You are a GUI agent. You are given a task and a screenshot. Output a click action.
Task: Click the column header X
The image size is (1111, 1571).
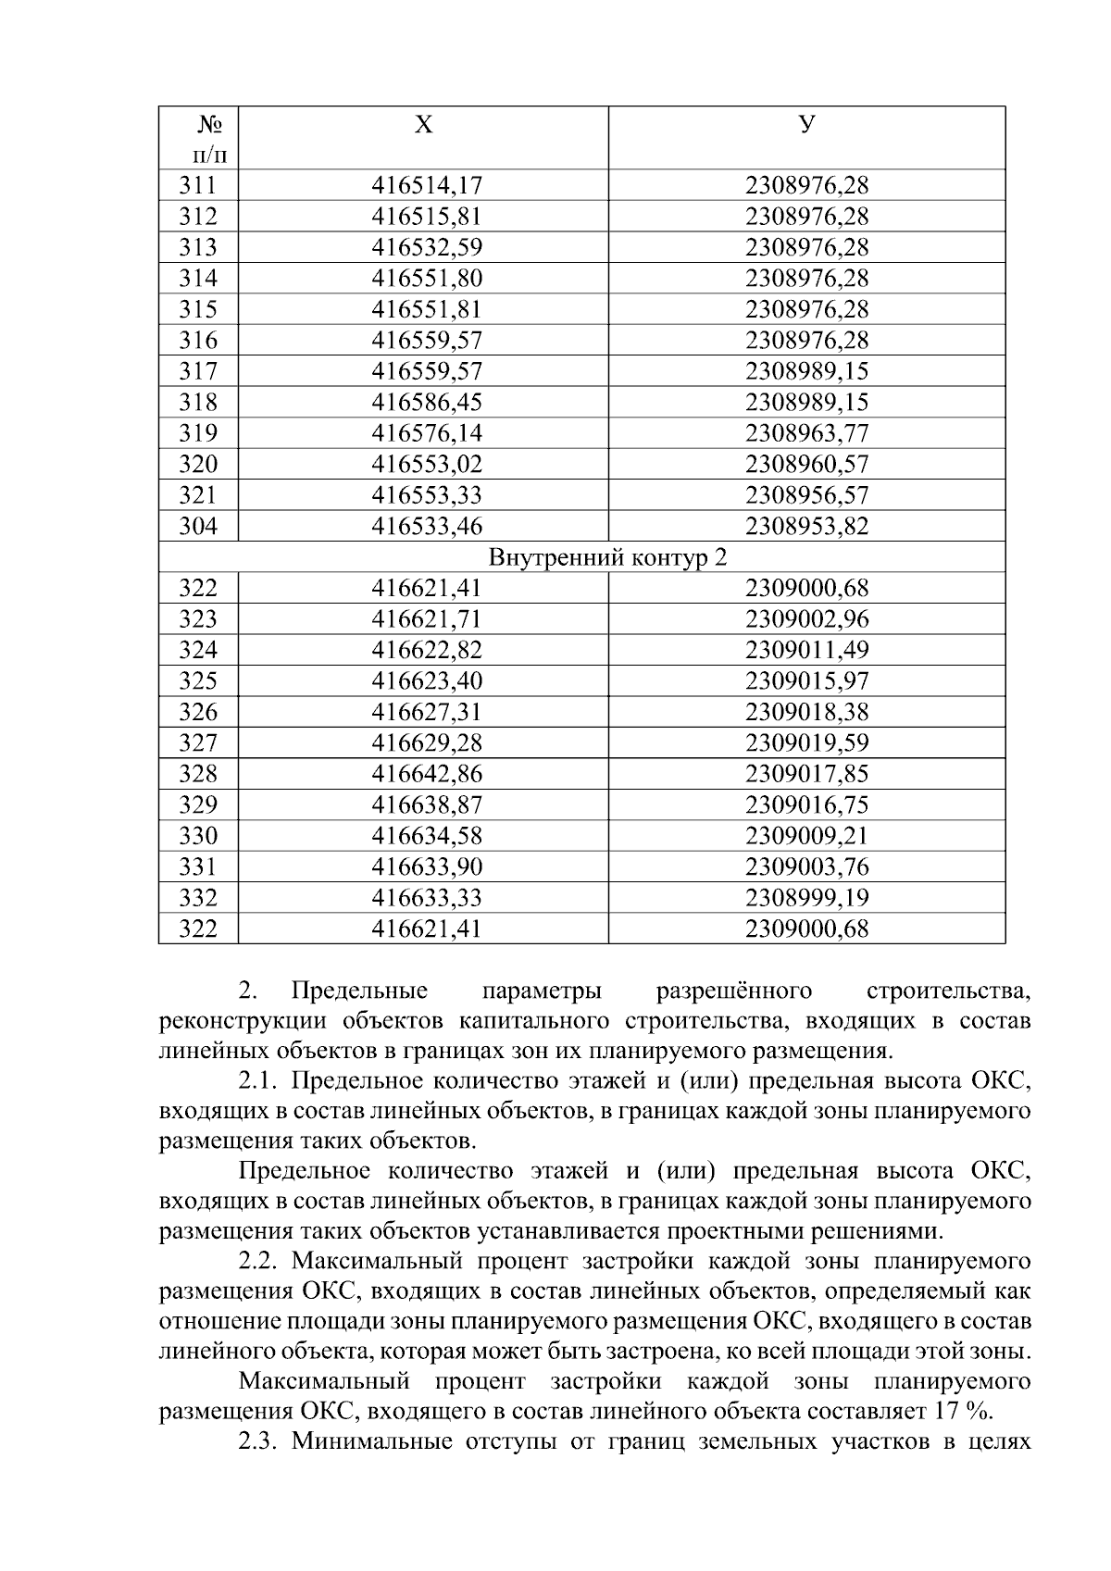tap(422, 124)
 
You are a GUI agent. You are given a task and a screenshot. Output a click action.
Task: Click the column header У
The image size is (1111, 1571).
tap(806, 124)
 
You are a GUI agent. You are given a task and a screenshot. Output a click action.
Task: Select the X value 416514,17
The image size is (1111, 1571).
tap(427, 185)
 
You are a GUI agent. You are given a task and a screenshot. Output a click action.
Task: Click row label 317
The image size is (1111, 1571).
tap(198, 371)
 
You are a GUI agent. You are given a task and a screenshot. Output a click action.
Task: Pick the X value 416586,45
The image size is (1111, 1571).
tap(427, 402)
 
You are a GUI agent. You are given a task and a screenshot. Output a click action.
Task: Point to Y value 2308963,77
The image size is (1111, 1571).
tap(806, 433)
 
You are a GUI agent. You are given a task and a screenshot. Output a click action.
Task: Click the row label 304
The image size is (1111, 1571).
tap(198, 526)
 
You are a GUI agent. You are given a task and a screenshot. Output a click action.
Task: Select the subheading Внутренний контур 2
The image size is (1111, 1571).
tap(607, 557)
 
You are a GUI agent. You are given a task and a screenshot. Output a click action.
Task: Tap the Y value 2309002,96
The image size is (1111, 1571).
tap(806, 618)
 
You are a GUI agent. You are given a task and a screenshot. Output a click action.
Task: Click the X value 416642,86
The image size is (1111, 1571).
tap(427, 773)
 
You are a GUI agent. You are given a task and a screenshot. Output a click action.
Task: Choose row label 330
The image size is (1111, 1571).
tap(198, 836)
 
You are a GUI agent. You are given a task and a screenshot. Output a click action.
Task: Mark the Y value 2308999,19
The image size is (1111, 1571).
tap(806, 897)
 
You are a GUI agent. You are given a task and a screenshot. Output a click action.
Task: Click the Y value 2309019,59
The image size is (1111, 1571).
tap(806, 742)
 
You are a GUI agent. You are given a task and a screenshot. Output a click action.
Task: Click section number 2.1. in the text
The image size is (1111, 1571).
tap(260, 1081)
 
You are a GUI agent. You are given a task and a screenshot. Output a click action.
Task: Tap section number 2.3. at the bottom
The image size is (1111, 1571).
tap(260, 1441)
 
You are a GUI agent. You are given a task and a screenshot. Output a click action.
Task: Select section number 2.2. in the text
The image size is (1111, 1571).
tap(260, 1261)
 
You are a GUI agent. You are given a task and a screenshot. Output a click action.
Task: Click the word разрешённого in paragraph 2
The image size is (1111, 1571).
tap(733, 991)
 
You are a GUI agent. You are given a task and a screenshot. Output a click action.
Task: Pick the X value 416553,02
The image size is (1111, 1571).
tap(427, 464)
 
